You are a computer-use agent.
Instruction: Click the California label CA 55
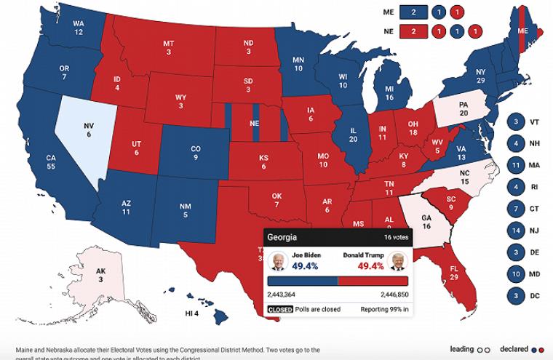click(x=51, y=161)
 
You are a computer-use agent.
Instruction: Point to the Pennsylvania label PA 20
click(x=463, y=108)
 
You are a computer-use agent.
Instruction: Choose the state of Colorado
click(x=195, y=152)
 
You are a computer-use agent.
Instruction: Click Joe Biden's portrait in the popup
click(x=277, y=261)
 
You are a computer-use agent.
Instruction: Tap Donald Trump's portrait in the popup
click(x=397, y=261)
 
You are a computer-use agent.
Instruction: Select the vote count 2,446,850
click(x=394, y=295)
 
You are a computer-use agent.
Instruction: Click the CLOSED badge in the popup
click(x=280, y=309)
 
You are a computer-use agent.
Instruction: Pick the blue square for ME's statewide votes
click(x=413, y=12)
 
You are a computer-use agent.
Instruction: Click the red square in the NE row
click(x=413, y=31)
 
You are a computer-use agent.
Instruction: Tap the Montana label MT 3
click(x=168, y=47)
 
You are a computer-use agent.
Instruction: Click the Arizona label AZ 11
click(x=125, y=207)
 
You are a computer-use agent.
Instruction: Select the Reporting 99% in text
click(x=384, y=309)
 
